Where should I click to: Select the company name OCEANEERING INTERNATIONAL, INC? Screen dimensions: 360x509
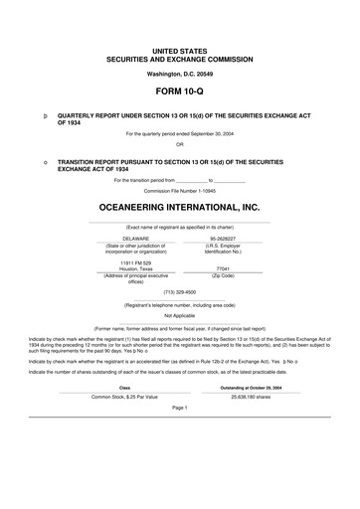pos(179,207)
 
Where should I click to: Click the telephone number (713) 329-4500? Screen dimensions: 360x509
pos(179,292)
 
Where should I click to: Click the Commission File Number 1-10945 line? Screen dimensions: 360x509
pos(179,189)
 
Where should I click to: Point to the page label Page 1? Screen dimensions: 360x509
pos(179,408)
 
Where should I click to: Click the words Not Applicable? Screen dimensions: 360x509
pos(179,315)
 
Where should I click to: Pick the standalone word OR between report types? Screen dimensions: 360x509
pos(179,142)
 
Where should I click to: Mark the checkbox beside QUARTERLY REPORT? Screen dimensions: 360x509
pos(33,115)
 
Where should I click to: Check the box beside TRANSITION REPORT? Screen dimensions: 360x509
pos(33,158)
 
